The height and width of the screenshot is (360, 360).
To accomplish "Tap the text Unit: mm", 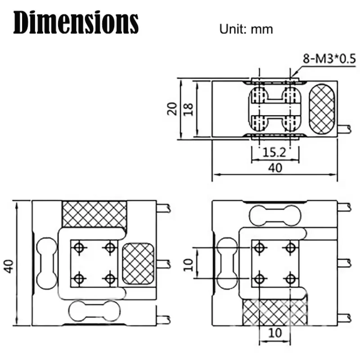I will (x=246, y=29).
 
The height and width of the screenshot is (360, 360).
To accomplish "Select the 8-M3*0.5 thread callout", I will (x=323, y=59).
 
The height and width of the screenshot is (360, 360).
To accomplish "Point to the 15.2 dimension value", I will (x=274, y=153).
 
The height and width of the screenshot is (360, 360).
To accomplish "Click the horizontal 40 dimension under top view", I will (x=274, y=168).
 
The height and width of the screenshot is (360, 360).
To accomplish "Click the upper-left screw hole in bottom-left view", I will (x=79, y=247).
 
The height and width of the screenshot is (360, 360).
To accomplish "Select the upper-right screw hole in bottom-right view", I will (x=291, y=247).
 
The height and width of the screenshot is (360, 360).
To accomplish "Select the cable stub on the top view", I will (x=345, y=129).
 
